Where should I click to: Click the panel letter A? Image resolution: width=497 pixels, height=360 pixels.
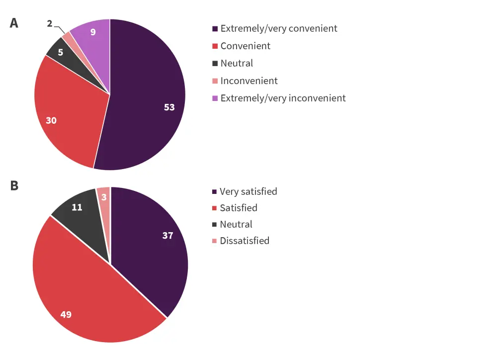(x=14, y=23)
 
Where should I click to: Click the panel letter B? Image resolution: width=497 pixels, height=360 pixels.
(x=14, y=185)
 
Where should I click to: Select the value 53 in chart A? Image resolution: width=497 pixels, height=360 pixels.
(x=169, y=107)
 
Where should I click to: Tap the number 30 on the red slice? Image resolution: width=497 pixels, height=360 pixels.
(x=51, y=120)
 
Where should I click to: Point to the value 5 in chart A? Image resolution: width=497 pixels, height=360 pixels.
(x=60, y=51)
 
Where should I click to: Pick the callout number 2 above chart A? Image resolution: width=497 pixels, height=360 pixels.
(x=50, y=23)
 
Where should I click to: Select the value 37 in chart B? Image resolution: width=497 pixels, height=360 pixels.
(x=167, y=235)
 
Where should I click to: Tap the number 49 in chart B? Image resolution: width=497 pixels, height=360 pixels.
(x=66, y=314)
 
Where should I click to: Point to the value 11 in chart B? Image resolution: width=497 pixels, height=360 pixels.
(x=77, y=207)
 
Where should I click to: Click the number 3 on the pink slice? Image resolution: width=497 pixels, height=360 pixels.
(x=103, y=197)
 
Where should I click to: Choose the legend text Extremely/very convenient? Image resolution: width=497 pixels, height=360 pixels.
(x=279, y=28)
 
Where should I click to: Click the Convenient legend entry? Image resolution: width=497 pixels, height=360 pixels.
(x=246, y=46)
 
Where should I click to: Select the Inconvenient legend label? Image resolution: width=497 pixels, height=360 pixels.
(x=249, y=81)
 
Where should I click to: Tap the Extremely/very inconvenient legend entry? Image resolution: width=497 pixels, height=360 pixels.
(x=283, y=98)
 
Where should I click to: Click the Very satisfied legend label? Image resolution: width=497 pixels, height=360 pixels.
(x=248, y=191)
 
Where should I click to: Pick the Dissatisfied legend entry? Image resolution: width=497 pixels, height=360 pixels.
(x=244, y=241)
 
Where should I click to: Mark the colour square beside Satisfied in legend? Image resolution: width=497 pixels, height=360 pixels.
(x=214, y=208)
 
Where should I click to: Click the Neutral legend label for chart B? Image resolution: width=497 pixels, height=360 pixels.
(x=236, y=224)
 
